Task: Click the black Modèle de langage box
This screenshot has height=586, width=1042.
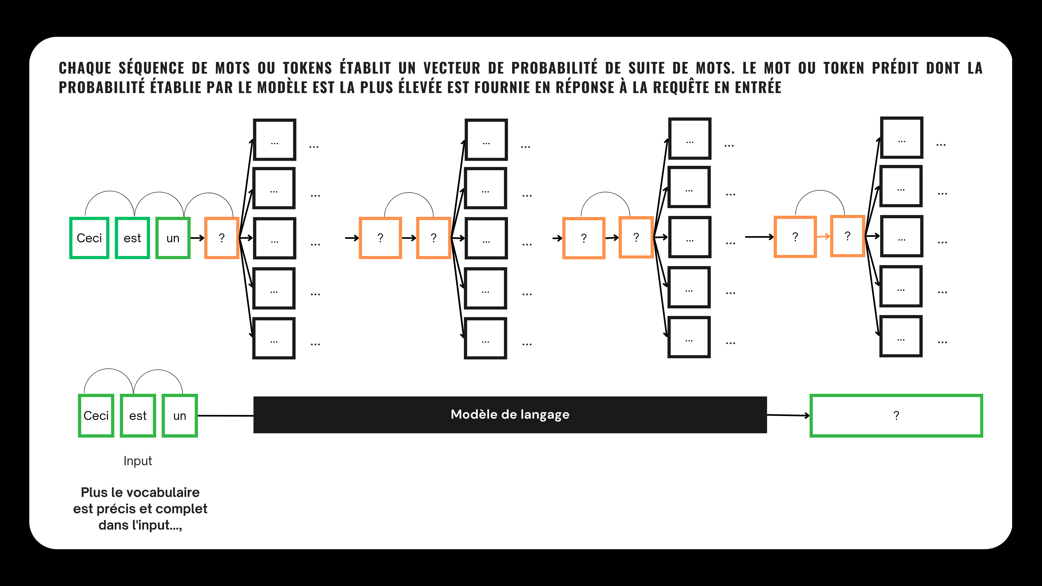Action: point(510,414)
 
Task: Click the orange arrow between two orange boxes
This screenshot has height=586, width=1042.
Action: point(823,237)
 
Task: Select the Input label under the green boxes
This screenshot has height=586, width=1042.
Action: point(138,461)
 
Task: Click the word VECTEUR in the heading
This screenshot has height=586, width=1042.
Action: point(452,68)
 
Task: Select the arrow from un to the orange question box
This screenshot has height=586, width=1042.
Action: point(197,238)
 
